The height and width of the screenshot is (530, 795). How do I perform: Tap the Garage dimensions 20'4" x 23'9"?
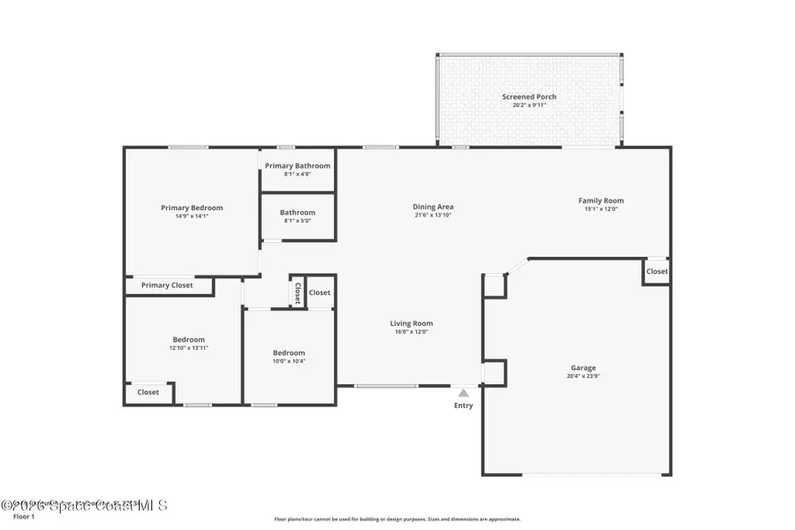pyautogui.click(x=583, y=376)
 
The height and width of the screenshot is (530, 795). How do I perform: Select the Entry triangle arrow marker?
pyautogui.click(x=463, y=392)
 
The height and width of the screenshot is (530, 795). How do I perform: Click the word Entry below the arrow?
pyautogui.click(x=464, y=405)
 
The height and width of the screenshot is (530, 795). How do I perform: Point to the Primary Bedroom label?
pyautogui.click(x=192, y=208)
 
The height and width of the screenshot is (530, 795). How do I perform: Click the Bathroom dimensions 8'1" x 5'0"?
pyautogui.click(x=298, y=221)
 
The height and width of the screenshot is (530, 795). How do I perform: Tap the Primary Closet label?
pyautogui.click(x=167, y=285)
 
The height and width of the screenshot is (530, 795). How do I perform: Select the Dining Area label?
pyautogui.click(x=433, y=207)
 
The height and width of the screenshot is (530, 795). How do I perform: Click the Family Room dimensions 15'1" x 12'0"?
pyautogui.click(x=601, y=209)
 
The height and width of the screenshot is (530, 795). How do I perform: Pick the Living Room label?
pyautogui.click(x=412, y=323)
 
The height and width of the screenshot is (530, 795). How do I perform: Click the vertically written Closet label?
pyautogui.click(x=298, y=292)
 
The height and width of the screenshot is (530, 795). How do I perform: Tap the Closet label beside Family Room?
pyautogui.click(x=656, y=271)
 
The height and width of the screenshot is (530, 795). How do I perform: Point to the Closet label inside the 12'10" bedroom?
pyautogui.click(x=148, y=392)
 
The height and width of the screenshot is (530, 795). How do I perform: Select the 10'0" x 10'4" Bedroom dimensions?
pyautogui.click(x=289, y=361)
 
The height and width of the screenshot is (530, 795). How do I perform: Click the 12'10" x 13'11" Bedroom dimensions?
pyautogui.click(x=189, y=348)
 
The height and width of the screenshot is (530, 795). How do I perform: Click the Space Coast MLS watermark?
pyautogui.click(x=83, y=506)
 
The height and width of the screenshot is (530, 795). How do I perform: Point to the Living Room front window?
pyautogui.click(x=386, y=385)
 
